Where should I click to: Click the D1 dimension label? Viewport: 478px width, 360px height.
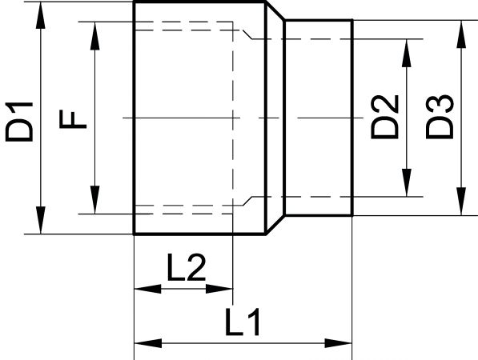19,122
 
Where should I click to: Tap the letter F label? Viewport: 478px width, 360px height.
73,119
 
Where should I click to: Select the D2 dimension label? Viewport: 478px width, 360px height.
384,117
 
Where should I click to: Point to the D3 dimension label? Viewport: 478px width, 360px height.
440,117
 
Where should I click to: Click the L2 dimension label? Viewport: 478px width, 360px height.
187,267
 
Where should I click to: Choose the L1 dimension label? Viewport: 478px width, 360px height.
243,322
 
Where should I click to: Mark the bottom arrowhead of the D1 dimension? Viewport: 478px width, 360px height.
41,220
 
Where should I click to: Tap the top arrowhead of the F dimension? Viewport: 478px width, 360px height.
95,36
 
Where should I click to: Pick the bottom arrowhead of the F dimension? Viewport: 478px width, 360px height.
95,200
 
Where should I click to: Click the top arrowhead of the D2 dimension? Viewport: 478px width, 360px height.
407,53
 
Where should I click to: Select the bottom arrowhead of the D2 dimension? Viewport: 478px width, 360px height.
407,182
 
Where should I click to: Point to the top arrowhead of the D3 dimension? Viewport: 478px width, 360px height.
461,34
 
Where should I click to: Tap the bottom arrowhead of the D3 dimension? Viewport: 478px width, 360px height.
461,202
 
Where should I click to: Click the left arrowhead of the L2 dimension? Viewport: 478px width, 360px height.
148,289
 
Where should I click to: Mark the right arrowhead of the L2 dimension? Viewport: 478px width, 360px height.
219,289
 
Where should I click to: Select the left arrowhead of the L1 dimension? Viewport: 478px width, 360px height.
148,343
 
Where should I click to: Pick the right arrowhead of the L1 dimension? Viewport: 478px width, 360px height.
339,343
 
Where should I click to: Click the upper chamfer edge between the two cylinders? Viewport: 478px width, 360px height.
275,11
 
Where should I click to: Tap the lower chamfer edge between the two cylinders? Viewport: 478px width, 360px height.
275,225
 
